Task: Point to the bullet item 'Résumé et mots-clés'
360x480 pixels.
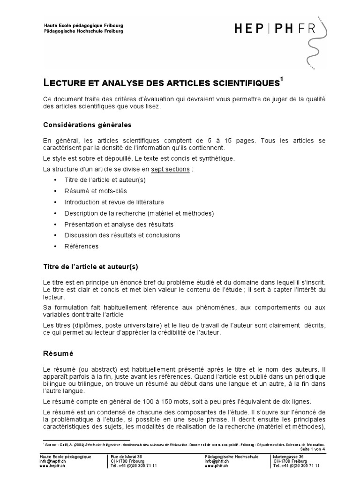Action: [95, 191]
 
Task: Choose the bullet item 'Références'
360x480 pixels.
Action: [82, 246]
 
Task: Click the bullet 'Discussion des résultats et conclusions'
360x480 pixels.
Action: [122, 235]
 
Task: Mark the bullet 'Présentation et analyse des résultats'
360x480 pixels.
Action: [119, 224]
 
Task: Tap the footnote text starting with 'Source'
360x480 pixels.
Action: [183, 444]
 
